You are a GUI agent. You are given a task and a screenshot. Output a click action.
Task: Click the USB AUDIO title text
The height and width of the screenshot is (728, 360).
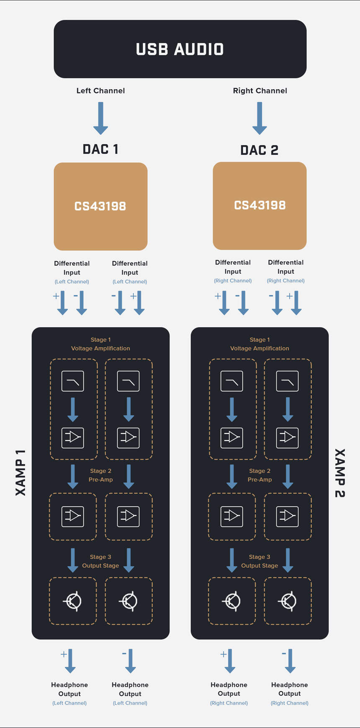[x=180, y=49]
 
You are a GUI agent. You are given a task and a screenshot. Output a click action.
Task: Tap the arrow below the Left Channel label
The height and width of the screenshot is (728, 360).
[x=100, y=118]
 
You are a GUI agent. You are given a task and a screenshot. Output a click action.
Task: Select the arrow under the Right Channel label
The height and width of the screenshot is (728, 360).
[x=260, y=118]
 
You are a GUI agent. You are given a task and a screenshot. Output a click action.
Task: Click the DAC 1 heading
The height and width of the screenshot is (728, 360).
[x=100, y=149]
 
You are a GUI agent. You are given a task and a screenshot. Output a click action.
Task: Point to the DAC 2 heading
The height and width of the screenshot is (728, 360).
[x=260, y=150]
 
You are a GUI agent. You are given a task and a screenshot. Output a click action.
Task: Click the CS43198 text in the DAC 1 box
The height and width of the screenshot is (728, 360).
[x=100, y=206]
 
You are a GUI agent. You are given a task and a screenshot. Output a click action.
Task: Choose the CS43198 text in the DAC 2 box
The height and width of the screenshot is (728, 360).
[x=260, y=205]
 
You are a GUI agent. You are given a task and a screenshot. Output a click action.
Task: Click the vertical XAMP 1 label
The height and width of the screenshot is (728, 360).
[x=21, y=473]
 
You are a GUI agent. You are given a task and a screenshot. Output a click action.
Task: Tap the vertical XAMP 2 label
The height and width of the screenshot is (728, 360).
[x=339, y=473]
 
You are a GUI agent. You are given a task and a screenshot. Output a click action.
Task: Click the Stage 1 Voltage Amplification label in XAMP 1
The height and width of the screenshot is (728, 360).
[x=100, y=344]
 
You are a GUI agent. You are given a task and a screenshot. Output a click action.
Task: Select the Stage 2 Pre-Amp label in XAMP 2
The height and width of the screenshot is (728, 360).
[x=260, y=475]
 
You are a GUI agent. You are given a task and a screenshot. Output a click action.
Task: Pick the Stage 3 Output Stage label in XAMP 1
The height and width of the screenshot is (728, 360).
[x=100, y=561]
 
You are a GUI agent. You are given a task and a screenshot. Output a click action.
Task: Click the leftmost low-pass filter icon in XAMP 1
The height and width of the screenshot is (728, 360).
[x=73, y=381]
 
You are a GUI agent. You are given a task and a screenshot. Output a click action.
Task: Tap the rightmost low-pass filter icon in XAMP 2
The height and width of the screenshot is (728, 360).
[x=288, y=381]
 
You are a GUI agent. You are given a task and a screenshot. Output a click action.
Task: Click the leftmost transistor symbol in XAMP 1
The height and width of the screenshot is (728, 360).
[x=73, y=601]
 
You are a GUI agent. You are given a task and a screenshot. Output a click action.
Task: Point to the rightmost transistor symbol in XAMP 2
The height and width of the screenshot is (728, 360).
[x=288, y=601]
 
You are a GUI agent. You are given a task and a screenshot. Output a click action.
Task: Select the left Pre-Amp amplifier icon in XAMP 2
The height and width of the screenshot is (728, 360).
[x=232, y=516]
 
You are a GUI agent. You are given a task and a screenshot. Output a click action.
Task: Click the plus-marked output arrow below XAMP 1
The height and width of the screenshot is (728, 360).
[x=70, y=661]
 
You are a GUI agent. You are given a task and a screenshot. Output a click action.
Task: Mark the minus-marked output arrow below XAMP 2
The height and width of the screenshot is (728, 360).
[x=290, y=661]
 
